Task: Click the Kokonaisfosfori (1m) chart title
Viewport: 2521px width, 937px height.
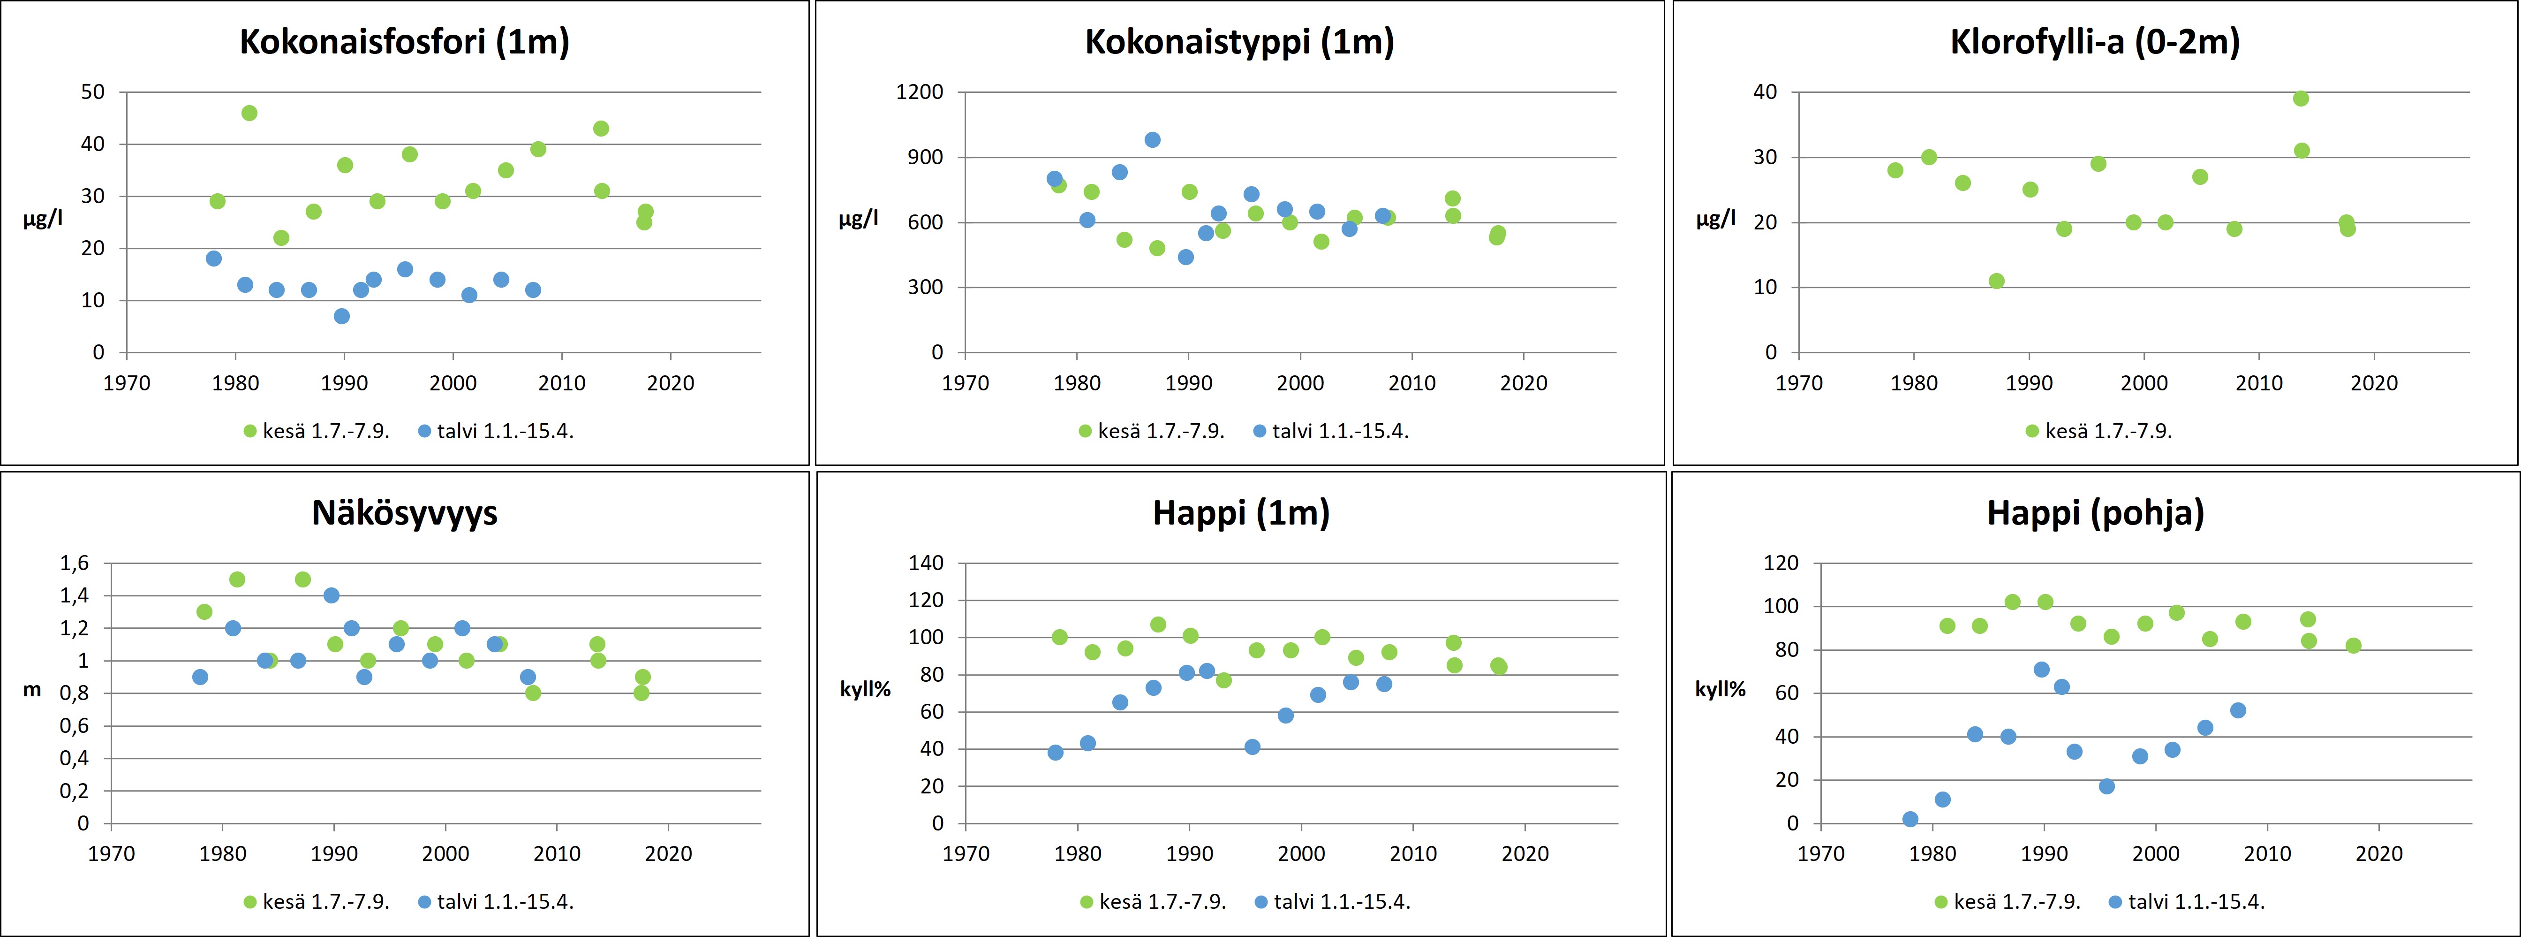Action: pos(404,42)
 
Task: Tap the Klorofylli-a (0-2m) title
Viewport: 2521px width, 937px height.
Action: pos(2094,42)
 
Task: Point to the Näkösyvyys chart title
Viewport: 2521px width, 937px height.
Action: pos(404,513)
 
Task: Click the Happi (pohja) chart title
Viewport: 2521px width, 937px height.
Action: pos(2095,513)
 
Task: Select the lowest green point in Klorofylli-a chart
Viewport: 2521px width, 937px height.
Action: pos(1996,281)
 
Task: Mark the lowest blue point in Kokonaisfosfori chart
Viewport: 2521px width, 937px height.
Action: pos(341,316)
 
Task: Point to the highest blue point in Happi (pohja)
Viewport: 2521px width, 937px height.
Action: pos(2041,670)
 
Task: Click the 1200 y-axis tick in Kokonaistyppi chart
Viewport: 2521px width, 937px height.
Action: pos(920,92)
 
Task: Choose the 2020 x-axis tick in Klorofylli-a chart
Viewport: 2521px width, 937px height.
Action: pos(2374,383)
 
